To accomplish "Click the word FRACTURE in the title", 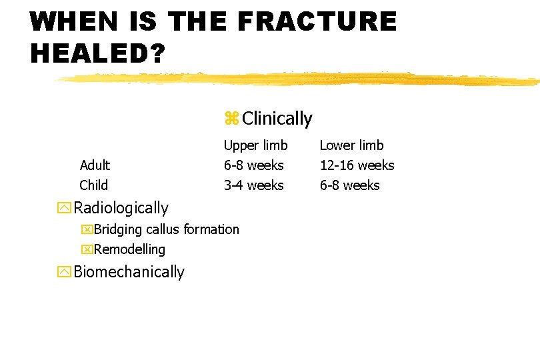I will (317, 21).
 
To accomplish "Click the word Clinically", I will (277, 119).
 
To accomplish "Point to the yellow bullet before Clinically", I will (231, 119).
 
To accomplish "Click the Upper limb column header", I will (255, 145).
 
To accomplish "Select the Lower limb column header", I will (351, 145).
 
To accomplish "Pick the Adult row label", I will (95, 165).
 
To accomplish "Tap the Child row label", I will (93, 185).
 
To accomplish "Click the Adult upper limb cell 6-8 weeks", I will (253, 165).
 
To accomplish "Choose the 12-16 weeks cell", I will (357, 165).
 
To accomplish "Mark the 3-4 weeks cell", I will (253, 185).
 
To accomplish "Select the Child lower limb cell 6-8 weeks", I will (349, 185).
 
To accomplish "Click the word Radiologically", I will (121, 208).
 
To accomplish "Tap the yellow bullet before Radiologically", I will (64, 209).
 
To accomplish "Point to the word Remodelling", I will (129, 249).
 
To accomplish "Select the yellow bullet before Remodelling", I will (87, 250).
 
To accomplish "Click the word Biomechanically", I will (129, 272).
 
